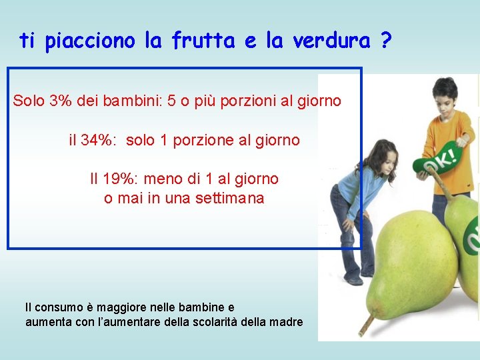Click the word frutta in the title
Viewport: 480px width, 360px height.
pyautogui.click(x=204, y=41)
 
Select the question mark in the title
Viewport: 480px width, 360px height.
pyautogui.click(x=385, y=41)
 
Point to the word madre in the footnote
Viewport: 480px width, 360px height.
pyautogui.click(x=287, y=322)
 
